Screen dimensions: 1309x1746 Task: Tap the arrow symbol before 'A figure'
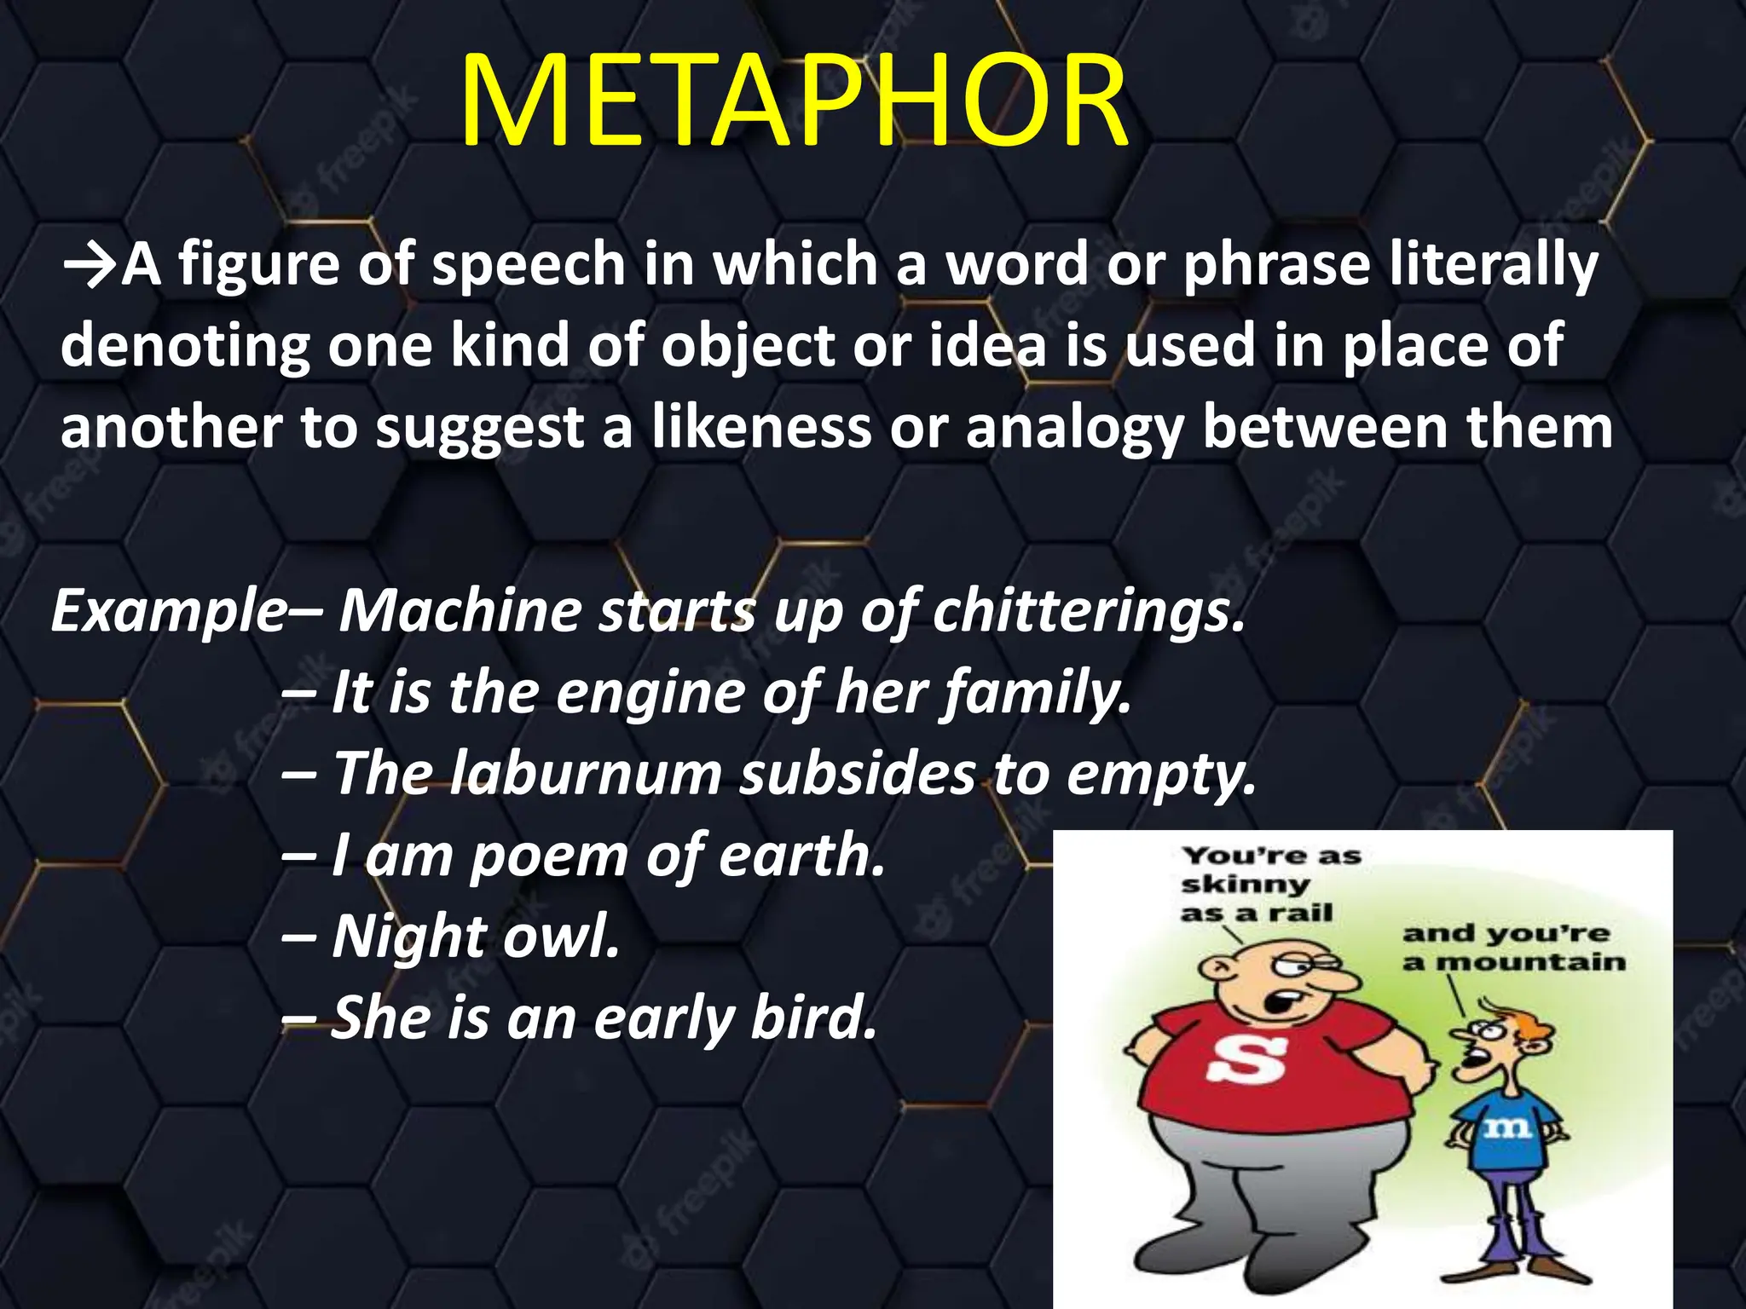(90, 267)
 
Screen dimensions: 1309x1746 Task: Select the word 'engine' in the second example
(650, 692)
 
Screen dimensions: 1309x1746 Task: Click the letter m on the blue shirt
(1507, 1130)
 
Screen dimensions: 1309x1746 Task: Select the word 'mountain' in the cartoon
(1530, 963)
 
